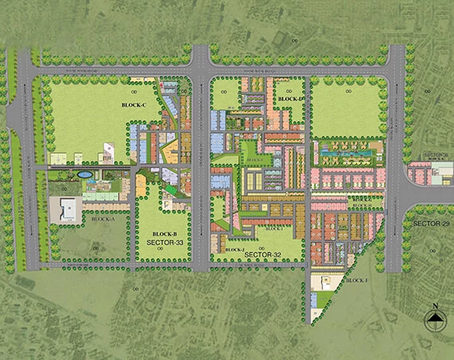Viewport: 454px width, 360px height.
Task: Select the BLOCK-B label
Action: coord(163,234)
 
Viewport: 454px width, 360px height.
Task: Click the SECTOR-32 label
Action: coord(264,254)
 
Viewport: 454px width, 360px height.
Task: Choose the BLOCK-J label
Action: coord(234,249)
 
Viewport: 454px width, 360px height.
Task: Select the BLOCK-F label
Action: coord(356,280)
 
